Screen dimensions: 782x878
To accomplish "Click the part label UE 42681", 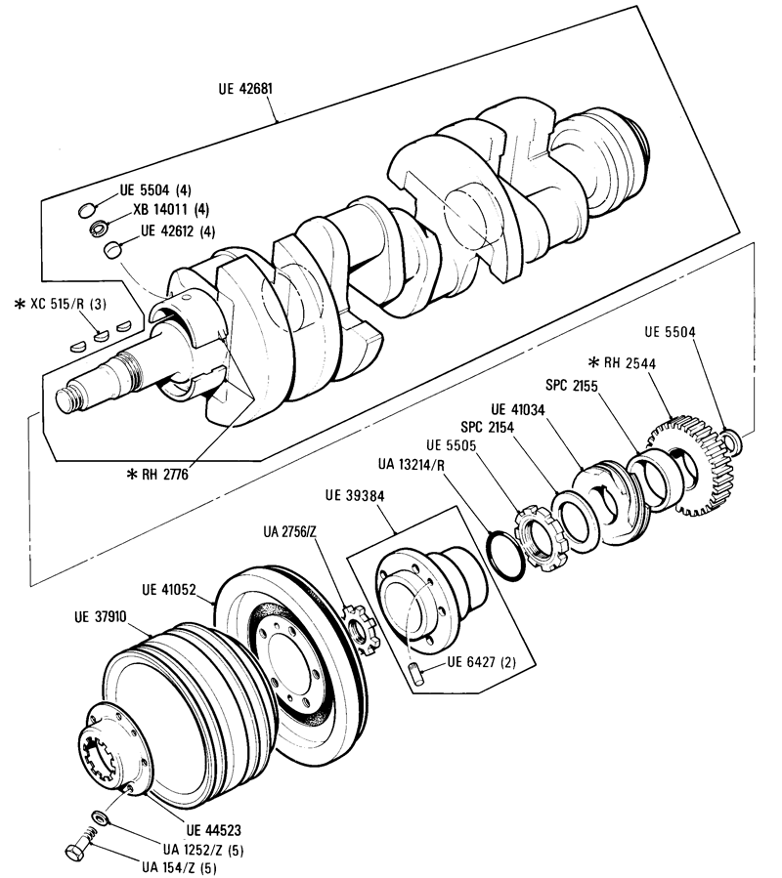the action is click(245, 89).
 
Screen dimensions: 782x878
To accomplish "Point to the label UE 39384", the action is click(355, 495).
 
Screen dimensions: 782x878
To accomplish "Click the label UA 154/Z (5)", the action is click(179, 867).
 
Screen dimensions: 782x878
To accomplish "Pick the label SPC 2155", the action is click(572, 385).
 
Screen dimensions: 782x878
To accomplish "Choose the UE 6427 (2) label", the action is click(482, 662).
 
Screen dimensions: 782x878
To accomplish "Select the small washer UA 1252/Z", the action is click(101, 816).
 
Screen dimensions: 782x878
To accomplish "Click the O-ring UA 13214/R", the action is click(505, 556).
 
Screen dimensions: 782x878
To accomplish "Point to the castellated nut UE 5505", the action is click(541, 536).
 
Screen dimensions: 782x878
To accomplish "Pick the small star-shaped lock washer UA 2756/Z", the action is click(361, 630).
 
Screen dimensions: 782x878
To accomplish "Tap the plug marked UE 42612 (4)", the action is click(112, 250).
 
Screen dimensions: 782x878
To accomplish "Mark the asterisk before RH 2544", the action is click(593, 363).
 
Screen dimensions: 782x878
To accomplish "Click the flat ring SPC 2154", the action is click(578, 518).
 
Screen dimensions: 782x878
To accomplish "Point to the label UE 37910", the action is click(101, 617).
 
